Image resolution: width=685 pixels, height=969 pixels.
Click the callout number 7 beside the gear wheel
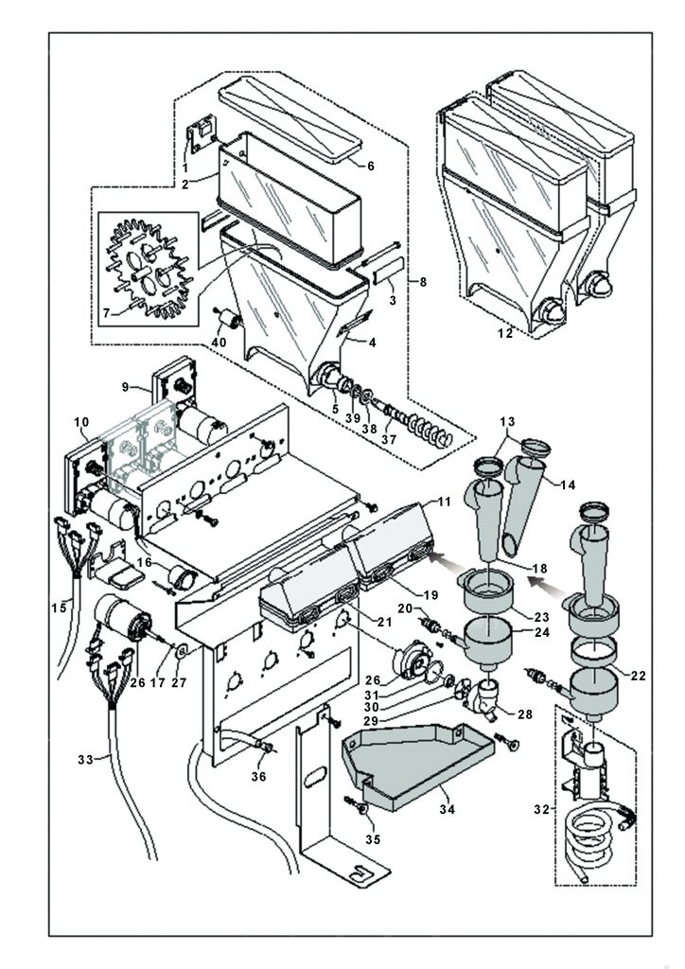tap(107, 313)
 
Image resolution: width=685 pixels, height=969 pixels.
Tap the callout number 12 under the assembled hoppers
tap(505, 333)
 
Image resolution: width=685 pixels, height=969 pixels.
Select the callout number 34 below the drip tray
tap(447, 809)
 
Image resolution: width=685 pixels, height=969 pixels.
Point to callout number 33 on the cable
tap(85, 760)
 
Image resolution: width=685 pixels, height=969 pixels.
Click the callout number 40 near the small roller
tap(219, 342)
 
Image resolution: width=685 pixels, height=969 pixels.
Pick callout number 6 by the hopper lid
tap(371, 166)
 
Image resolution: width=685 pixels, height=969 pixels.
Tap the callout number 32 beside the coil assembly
tap(541, 810)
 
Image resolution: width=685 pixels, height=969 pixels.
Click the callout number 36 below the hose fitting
tap(258, 776)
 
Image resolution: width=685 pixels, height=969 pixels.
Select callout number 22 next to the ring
tap(638, 676)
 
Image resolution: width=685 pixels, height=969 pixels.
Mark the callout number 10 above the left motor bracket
tap(81, 422)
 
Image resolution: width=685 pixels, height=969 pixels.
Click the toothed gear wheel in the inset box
tap(149, 267)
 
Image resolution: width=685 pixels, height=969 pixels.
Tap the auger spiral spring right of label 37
tap(428, 429)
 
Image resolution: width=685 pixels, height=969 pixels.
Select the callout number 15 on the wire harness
tap(59, 608)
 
